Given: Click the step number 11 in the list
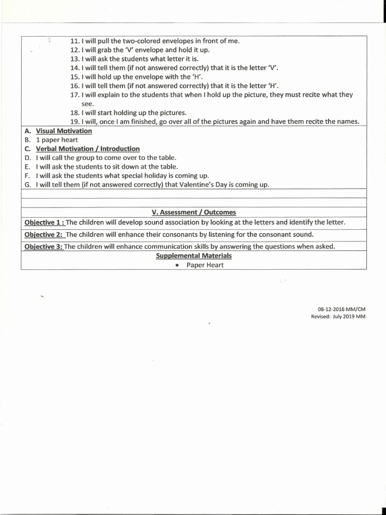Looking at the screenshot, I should pyautogui.click(x=75, y=41).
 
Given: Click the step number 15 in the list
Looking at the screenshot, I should pyautogui.click(x=75, y=77).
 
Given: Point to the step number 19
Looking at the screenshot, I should pyautogui.click(x=75, y=122).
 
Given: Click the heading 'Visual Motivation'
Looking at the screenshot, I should pyautogui.click(x=64, y=131).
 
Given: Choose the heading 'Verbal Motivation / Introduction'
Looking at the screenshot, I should pyautogui.click(x=87, y=149).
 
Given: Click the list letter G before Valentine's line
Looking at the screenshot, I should pyautogui.click(x=28, y=185).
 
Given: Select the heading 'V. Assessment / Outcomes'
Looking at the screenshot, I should pyautogui.click(x=194, y=212).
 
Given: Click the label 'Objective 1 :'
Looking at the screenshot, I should pyautogui.click(x=44, y=222).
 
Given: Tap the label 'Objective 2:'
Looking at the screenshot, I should pyautogui.click(x=44, y=234).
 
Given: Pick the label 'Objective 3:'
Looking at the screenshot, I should pyautogui.click(x=43, y=246).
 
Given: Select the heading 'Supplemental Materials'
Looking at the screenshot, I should pyautogui.click(x=194, y=256).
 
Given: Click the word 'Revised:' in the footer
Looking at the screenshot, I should pyautogui.click(x=321, y=316).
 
